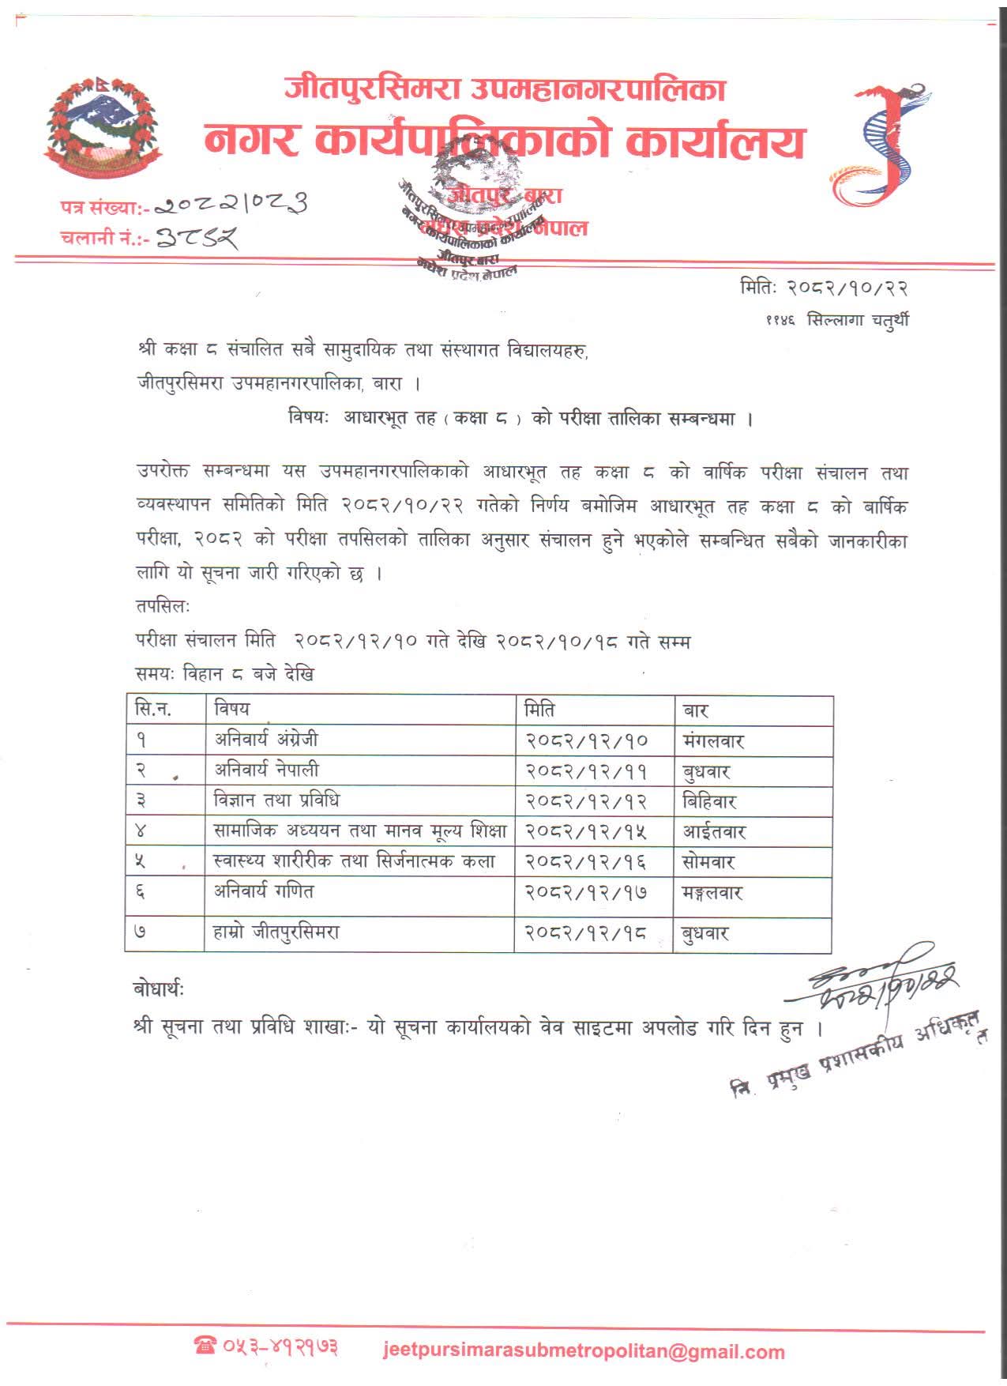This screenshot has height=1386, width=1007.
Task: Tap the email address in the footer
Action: point(584,1350)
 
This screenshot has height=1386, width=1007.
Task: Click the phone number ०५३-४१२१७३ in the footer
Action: point(269,1346)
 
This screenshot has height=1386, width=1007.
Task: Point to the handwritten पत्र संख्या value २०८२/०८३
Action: point(229,205)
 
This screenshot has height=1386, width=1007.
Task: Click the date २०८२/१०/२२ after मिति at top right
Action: point(846,288)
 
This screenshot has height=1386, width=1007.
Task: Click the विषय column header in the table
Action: point(231,709)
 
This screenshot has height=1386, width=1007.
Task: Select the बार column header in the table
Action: point(695,710)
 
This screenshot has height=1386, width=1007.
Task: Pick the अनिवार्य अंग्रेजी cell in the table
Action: point(266,740)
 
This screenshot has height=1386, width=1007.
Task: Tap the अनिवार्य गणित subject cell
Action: point(264,891)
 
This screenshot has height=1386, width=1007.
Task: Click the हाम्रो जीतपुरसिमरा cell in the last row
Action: point(276,932)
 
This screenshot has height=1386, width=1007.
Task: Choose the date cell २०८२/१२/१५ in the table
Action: point(586,831)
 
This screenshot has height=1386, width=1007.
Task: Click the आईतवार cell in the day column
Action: point(714,832)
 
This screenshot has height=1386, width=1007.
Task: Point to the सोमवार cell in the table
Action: point(708,862)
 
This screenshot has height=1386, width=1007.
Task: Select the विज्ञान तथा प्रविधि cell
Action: point(276,800)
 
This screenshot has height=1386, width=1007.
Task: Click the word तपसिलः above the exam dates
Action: point(162,607)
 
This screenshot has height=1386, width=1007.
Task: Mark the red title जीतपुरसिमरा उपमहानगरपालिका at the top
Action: point(505,89)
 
